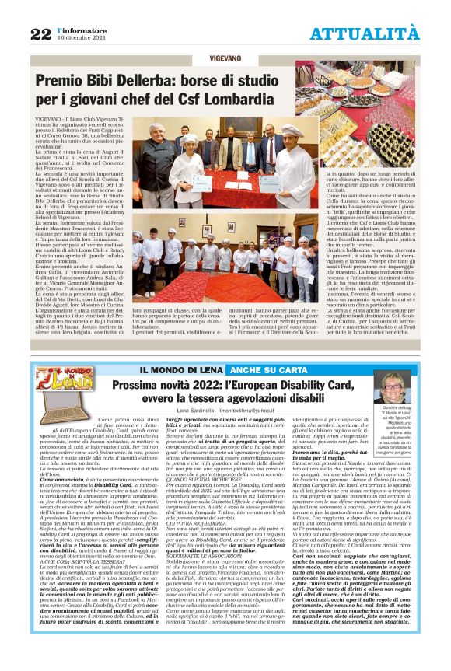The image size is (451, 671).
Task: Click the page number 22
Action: pos(40,33)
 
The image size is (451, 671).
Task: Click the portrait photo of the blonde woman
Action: pos(392,390)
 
